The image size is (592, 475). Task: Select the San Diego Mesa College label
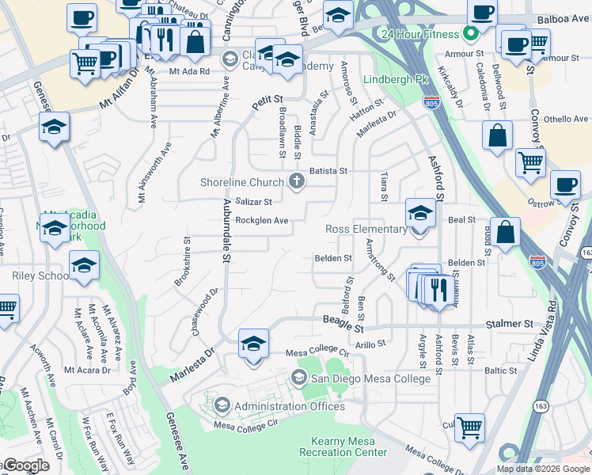point(370,378)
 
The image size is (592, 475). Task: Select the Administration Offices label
point(290,406)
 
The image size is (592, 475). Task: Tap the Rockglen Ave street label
point(262,221)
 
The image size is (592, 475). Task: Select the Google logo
point(26,465)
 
